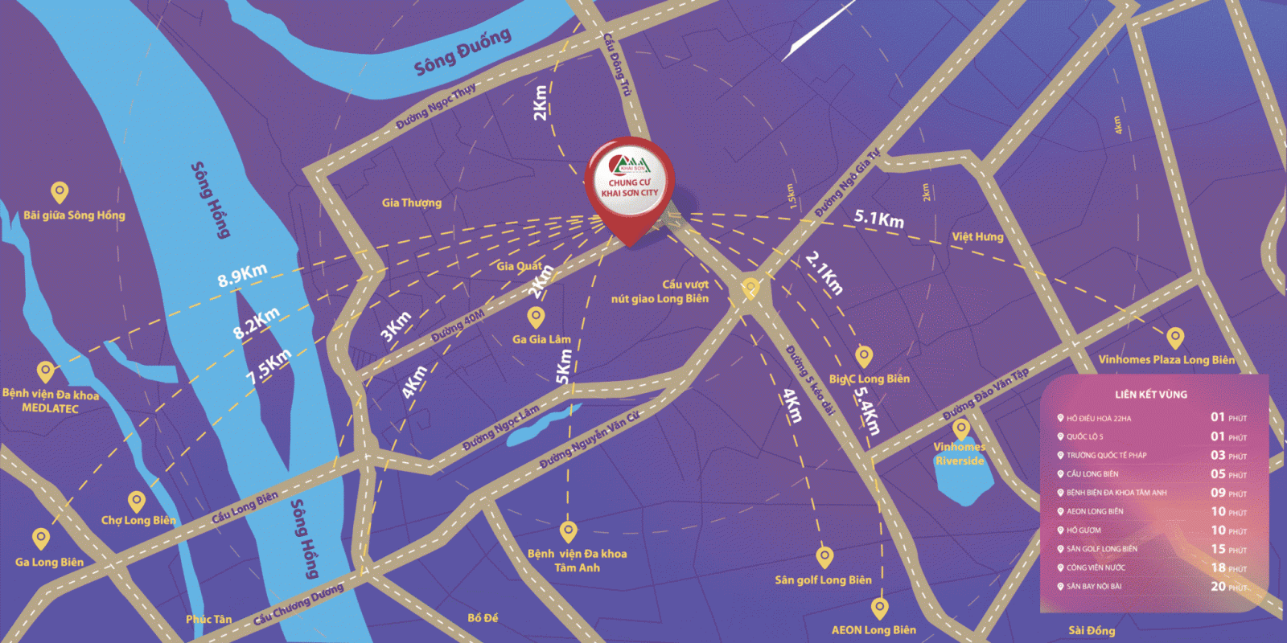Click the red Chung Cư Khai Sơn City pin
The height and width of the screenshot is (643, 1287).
point(630,185)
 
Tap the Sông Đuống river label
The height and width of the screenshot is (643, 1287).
point(463,52)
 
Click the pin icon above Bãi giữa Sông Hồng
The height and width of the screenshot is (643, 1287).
point(60,192)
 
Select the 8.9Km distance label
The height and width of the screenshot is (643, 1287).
point(242,275)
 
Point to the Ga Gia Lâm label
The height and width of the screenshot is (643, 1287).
point(541,339)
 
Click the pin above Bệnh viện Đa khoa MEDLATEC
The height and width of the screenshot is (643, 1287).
point(46,371)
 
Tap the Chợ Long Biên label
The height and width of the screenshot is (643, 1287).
point(138,520)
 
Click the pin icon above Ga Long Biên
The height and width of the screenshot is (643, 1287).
point(41,538)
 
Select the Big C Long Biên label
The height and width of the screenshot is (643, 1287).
point(870,379)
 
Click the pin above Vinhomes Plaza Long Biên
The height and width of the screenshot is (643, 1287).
point(1175,337)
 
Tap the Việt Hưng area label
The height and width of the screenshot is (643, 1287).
point(977,236)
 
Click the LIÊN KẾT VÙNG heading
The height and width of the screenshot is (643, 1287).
point(1150,395)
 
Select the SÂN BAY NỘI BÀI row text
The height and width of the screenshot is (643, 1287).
point(1094,587)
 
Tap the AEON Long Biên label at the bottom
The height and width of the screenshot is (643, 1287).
point(874,630)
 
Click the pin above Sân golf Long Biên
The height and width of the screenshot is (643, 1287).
point(824,555)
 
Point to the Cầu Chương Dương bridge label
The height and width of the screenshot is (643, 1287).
point(298,604)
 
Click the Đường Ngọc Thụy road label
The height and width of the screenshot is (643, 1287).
point(435,108)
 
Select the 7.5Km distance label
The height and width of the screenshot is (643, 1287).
point(269,367)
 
